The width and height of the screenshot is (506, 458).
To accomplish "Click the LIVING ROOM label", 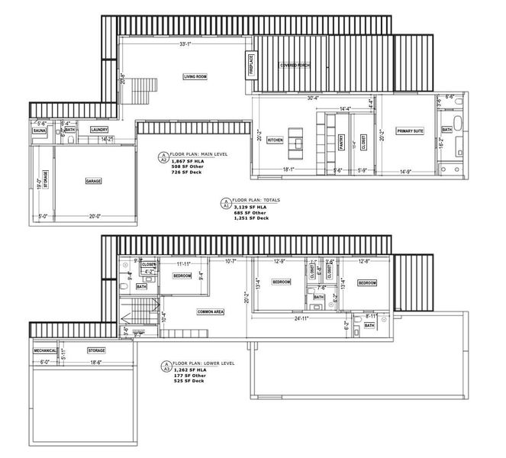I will coord(195,77).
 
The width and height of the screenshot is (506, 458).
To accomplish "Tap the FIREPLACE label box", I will coord(249,66).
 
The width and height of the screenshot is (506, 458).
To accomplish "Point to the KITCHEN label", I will coord(276,140).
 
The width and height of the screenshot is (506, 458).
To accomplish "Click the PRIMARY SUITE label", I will coord(410,131).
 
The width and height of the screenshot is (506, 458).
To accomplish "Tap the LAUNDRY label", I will coord(99,130).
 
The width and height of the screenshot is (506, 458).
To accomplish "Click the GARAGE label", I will coord(93,181).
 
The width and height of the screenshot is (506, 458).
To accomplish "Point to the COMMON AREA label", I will coord(210,311).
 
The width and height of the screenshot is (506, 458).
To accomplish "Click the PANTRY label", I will coord(342,141).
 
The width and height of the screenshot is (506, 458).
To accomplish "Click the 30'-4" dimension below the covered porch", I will coord(314,98).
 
